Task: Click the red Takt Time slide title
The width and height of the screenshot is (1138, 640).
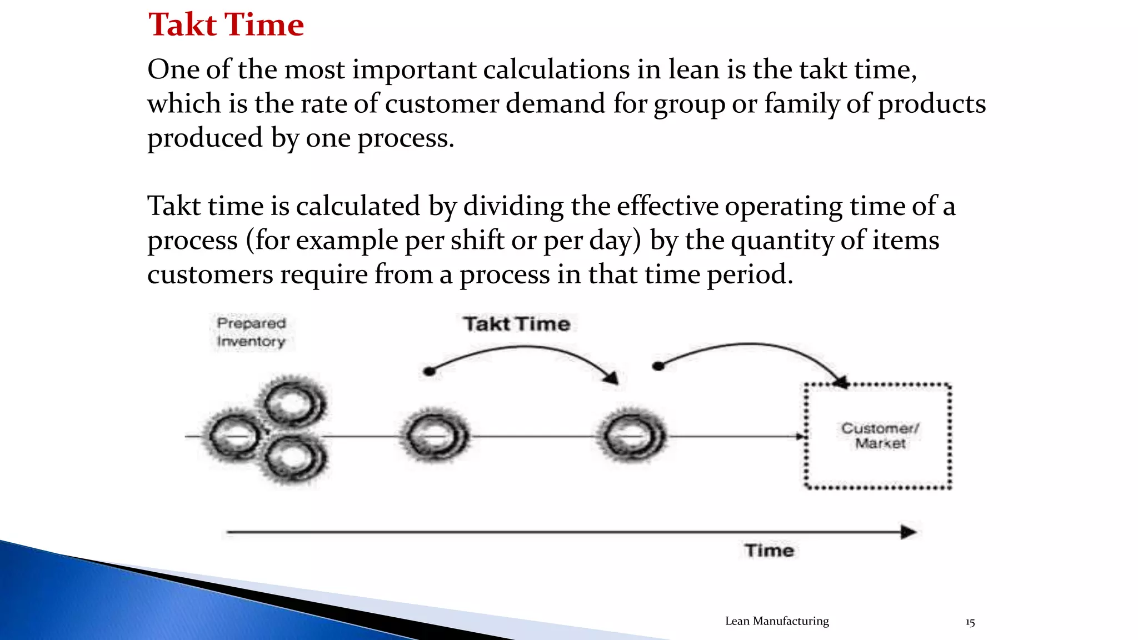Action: point(226,25)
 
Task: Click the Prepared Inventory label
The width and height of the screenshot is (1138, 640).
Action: point(251,332)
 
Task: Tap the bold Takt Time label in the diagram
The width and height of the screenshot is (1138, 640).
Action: point(517,324)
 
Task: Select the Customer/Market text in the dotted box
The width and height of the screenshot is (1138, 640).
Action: point(880,436)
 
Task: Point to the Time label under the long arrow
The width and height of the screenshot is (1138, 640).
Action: point(770,551)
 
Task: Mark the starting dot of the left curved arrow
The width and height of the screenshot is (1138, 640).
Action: point(429,371)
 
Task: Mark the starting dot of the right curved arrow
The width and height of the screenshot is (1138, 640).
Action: point(658,366)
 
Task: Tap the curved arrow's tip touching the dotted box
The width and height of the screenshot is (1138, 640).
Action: point(841,382)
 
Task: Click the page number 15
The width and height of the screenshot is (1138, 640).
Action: point(970,623)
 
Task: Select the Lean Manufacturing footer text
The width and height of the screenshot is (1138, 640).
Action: point(777,621)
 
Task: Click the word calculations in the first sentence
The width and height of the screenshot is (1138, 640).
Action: point(556,70)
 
